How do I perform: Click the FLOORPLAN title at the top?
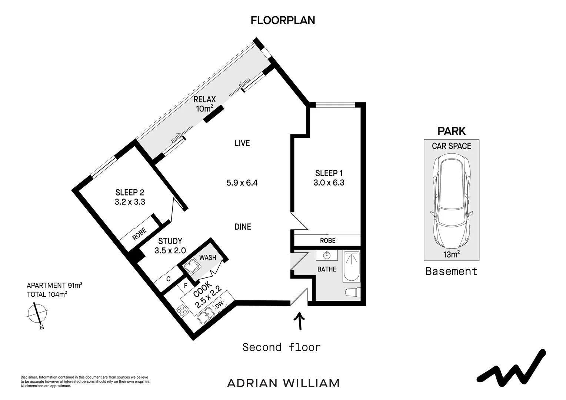tap(283, 20)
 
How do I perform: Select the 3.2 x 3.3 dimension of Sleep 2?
tap(130, 202)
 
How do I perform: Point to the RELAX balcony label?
tap(204, 99)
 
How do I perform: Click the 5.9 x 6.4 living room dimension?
tap(242, 183)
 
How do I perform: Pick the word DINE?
tap(243, 227)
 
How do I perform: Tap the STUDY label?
tap(170, 241)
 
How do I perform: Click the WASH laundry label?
tap(207, 257)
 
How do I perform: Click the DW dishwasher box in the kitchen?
tap(220, 304)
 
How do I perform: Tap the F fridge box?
tap(186, 286)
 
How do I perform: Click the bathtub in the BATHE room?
tap(351, 266)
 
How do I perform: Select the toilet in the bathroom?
tap(353, 292)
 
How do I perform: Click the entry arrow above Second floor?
tap(299, 321)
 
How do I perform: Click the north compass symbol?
tap(37, 314)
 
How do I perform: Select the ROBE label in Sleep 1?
tap(327, 241)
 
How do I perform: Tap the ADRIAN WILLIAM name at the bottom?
tap(283, 383)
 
